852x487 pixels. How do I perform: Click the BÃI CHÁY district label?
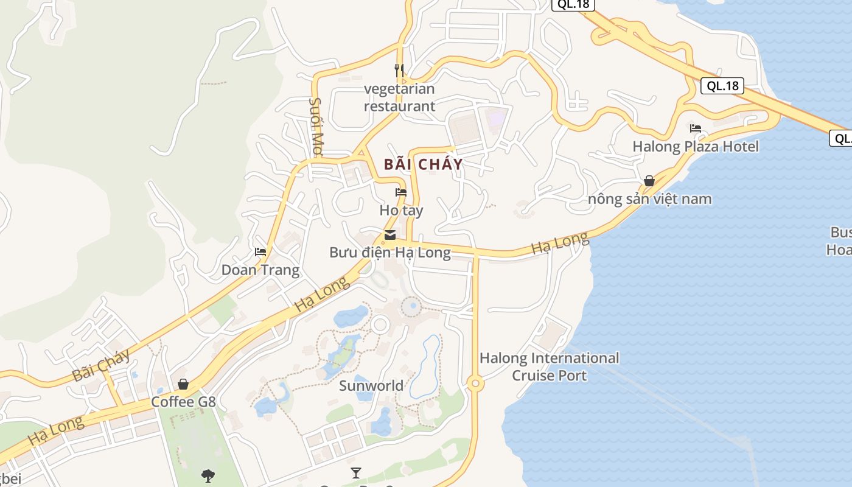point(423,164)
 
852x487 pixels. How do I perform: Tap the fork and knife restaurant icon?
point(399,70)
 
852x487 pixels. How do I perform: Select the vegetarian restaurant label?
point(399,97)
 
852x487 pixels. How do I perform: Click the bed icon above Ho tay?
point(400,192)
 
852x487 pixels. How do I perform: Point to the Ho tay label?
point(401,211)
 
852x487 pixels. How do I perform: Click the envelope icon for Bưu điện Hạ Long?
point(390,235)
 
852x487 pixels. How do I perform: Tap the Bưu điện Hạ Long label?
point(390,253)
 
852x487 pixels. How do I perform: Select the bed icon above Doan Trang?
point(260,252)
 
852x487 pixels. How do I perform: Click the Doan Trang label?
point(260,270)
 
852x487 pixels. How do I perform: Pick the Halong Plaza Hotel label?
point(696,147)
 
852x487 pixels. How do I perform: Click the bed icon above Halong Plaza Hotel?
point(696,128)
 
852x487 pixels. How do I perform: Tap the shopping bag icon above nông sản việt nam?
point(649,181)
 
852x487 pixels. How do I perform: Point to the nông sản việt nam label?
point(649,199)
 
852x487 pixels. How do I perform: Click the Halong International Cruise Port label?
point(550,366)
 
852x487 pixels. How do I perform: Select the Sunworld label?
point(371,385)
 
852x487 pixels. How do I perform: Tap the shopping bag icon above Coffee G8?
point(183,384)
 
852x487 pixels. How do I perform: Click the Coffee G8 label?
point(183,402)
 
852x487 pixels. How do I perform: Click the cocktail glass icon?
point(355,472)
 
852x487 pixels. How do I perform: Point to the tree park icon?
point(208,475)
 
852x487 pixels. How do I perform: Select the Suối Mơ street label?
point(316,126)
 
